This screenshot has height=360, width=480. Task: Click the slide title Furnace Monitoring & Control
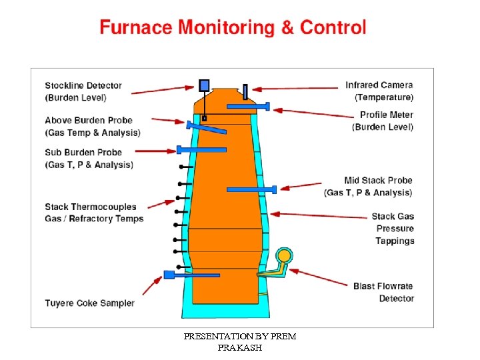[233, 28]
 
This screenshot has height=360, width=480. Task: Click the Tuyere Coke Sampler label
[89, 303]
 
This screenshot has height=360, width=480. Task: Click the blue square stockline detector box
[204, 85]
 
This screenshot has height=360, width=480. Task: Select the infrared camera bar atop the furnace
[245, 91]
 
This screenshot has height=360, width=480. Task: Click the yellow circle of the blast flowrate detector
[285, 255]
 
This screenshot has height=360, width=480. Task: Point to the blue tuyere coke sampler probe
[177, 274]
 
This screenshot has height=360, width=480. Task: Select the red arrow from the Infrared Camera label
[296, 87]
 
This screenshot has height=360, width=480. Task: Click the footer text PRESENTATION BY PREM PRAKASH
[239, 342]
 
